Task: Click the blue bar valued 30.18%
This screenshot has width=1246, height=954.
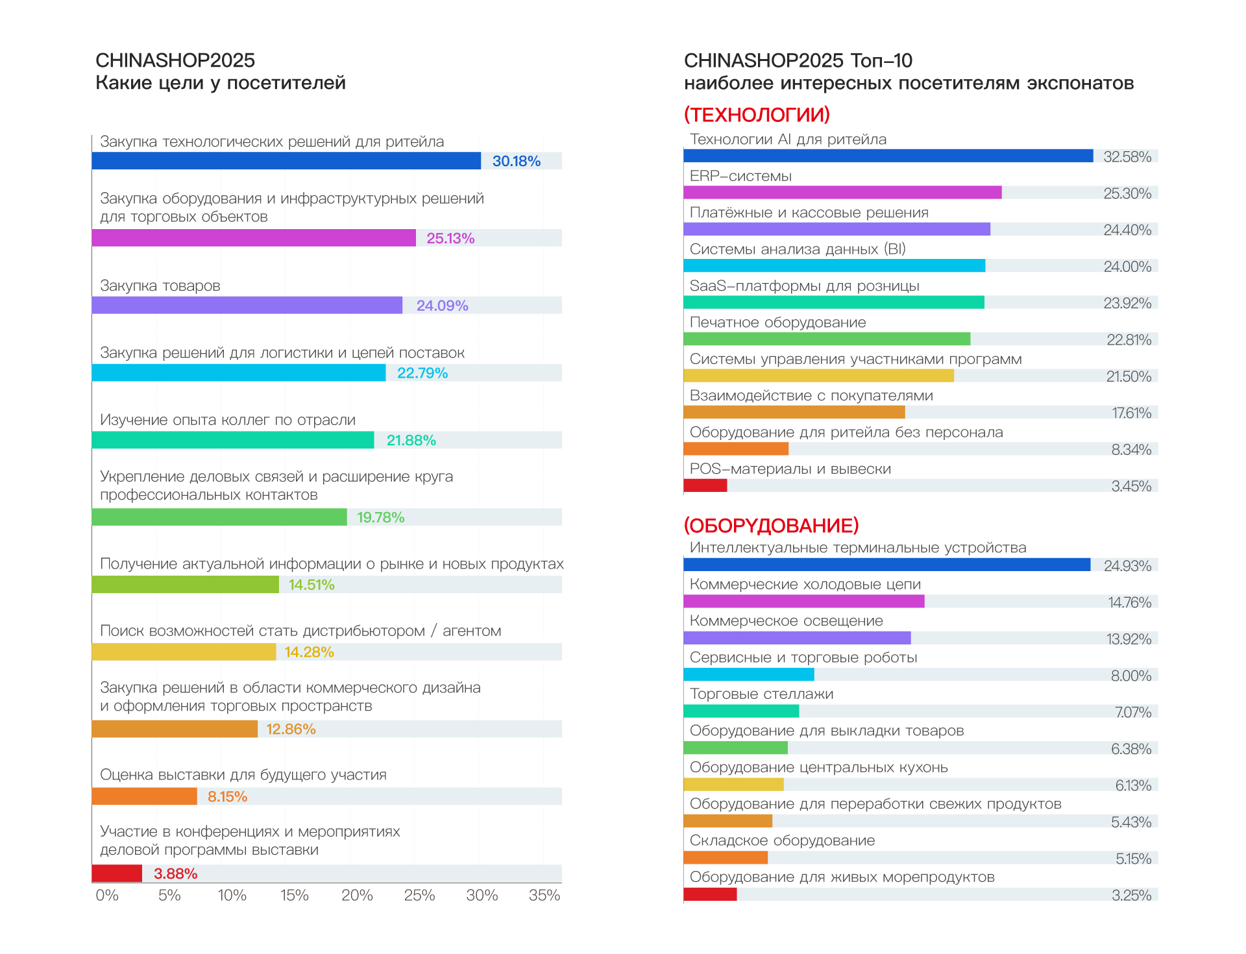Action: point(286,161)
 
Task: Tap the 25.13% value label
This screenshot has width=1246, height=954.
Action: point(450,238)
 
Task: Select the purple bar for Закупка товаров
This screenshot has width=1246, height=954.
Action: point(247,305)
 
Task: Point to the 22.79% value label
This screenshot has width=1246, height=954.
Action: point(422,373)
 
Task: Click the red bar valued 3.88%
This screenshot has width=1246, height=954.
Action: point(117,874)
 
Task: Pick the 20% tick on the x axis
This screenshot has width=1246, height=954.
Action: point(357,896)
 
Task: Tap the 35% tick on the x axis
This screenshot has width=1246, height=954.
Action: point(544,896)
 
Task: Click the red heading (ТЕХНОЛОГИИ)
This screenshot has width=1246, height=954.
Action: point(757,115)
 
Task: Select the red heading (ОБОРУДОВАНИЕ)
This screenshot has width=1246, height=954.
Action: point(771,525)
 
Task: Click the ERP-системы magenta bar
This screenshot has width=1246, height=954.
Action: point(842,193)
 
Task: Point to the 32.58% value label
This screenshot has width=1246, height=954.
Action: point(1127,157)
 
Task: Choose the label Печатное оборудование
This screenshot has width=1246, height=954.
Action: point(777,323)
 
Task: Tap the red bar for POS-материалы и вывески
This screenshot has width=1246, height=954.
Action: point(705,485)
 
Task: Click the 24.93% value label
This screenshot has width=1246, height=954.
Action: point(1127,566)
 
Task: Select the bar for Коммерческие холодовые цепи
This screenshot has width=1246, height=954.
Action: point(804,602)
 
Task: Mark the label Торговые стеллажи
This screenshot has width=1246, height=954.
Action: point(761,694)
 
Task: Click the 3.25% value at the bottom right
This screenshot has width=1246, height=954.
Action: point(1131,896)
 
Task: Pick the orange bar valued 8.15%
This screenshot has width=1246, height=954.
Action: point(144,796)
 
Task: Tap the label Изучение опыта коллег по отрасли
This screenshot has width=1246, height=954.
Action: point(228,420)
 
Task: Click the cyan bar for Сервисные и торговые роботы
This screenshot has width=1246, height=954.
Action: point(748,675)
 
